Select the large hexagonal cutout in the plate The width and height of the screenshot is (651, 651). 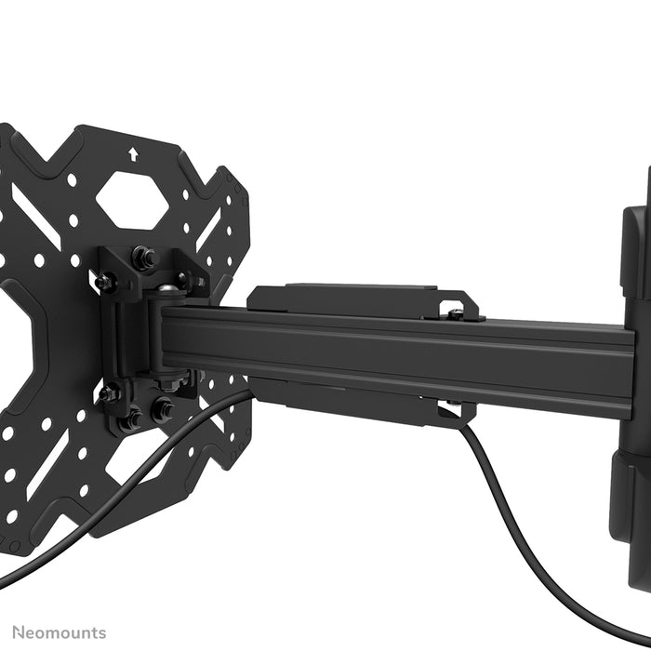click(131, 199)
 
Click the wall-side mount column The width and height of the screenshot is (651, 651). click(632, 372)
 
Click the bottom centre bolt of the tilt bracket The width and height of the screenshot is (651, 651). click(131, 419)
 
